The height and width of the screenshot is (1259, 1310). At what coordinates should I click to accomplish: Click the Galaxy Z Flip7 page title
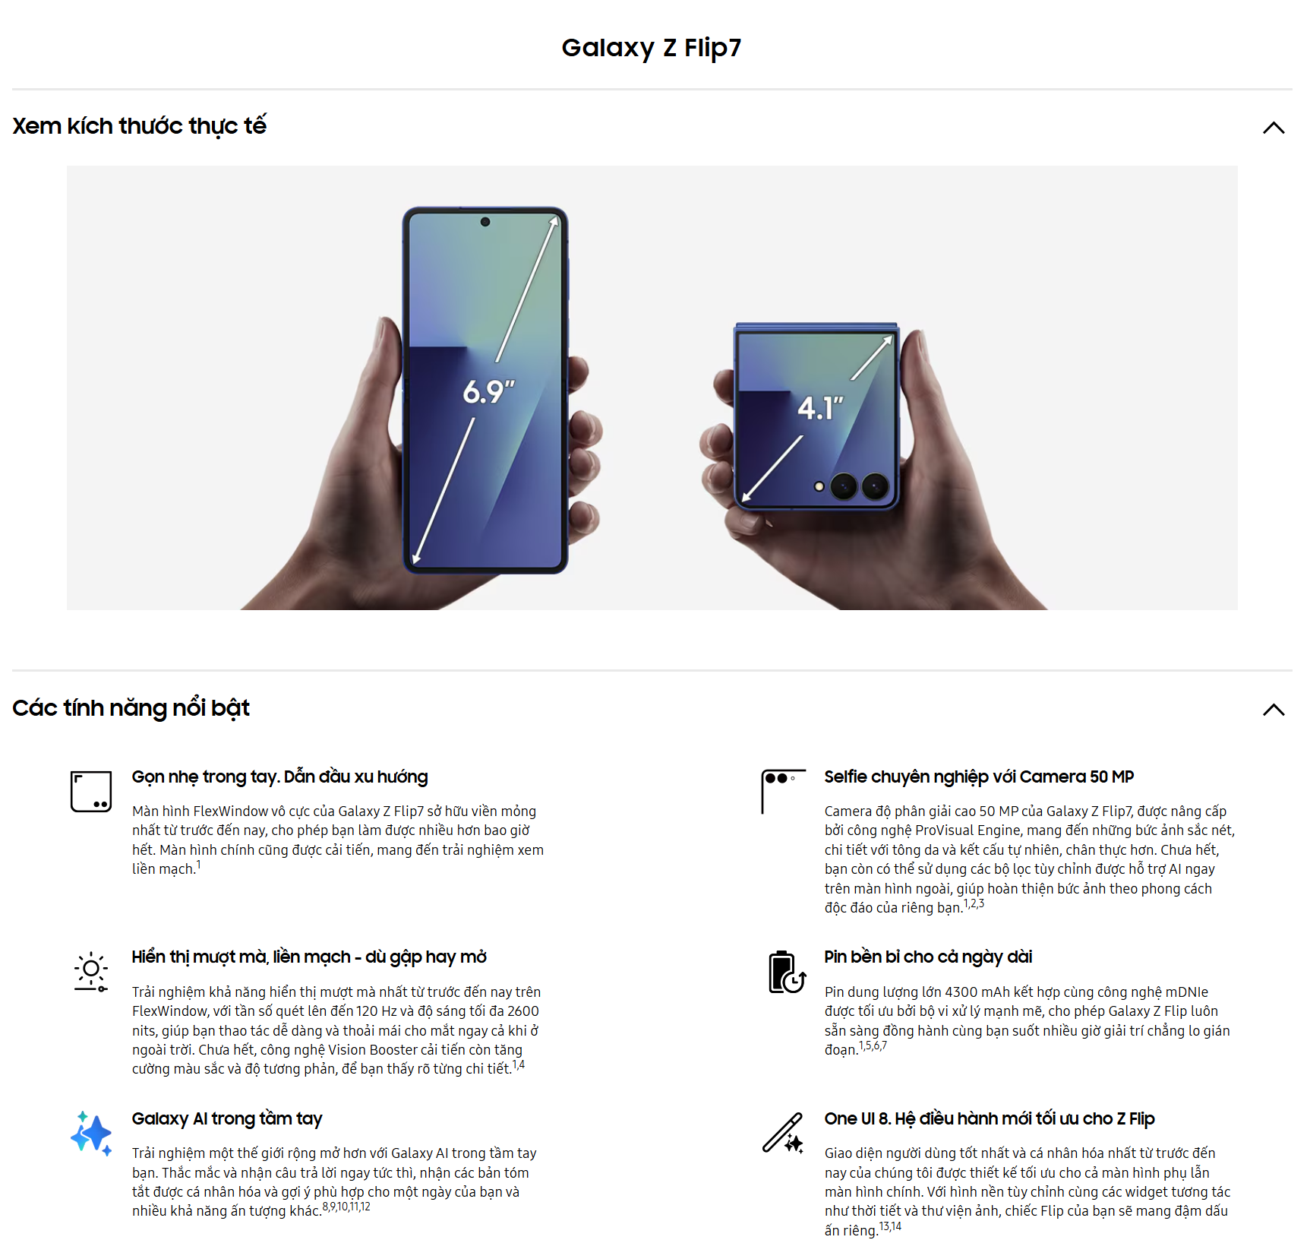coord(651,48)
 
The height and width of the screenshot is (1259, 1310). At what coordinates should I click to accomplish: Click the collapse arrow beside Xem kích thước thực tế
coord(1274,128)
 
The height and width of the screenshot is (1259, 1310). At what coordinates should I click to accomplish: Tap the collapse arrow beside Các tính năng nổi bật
coord(1274,710)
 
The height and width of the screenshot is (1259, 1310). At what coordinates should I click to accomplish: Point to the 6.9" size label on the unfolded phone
coord(489,392)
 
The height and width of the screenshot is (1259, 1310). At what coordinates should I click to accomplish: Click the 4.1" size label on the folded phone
coord(820,408)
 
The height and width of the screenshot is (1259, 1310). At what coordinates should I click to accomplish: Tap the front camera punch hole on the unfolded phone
coord(485,222)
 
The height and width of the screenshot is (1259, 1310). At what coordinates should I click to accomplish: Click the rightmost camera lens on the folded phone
coord(875,486)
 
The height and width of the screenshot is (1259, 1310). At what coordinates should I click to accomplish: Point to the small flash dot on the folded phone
coord(819,486)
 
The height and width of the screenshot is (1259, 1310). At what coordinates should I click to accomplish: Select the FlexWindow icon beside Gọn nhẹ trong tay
coord(91,791)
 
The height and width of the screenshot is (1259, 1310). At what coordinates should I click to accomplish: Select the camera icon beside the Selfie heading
coord(783,791)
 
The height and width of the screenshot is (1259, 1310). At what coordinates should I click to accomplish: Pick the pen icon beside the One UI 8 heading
coord(784,1133)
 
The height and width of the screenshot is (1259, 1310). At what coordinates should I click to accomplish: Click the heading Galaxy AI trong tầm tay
coord(227,1119)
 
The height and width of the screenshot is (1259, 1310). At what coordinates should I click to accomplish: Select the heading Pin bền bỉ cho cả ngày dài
coord(928,957)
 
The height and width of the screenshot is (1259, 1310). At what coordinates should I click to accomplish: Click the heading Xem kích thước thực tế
coord(140,126)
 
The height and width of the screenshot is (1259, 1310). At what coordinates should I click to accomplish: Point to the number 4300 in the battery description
coord(961,992)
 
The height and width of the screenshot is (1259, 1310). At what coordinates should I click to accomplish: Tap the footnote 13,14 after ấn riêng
coord(890,1226)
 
